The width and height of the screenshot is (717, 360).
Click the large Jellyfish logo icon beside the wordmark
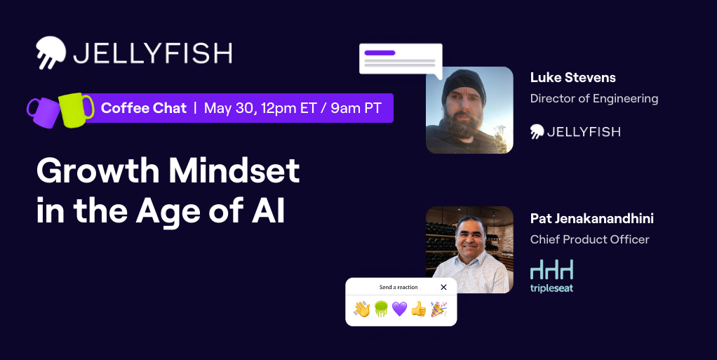coord(51,53)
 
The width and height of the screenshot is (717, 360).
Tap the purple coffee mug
coord(43,112)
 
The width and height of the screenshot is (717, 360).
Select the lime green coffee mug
coord(76,109)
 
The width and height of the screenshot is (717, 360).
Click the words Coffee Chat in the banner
coord(144,108)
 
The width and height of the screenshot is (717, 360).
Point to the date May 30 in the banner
coord(229,108)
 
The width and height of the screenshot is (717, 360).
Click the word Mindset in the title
coord(234,171)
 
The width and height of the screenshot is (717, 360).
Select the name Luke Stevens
coord(573,78)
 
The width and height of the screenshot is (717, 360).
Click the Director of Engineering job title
coord(594,98)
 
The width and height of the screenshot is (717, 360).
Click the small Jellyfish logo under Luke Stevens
coord(575,132)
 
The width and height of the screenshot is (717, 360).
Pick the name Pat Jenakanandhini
coord(591,219)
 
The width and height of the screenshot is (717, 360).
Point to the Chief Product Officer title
coord(590,239)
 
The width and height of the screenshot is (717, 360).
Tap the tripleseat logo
coord(551,276)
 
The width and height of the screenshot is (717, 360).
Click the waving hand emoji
coord(362,309)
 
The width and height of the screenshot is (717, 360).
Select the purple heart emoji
coord(400,309)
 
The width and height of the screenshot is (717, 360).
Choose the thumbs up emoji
coord(418,309)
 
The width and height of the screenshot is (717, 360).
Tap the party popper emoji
coord(438,309)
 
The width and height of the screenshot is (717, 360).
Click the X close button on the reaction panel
coord(443,287)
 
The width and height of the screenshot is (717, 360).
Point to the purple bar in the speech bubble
coord(380,53)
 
